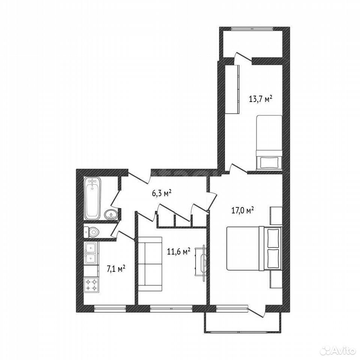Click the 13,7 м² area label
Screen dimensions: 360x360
(261, 99)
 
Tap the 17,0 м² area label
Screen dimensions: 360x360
(242, 210)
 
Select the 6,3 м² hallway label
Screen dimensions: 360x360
(162, 193)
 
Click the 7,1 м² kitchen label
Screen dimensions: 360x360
(116, 268)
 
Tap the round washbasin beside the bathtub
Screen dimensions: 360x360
(111, 214)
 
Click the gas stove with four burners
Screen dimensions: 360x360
(91, 285)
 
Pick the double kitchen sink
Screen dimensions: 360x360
(91, 252)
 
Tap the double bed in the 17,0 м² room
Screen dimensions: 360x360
(254, 249)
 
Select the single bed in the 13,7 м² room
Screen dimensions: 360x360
(269, 142)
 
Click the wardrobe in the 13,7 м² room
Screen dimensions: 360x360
(232, 89)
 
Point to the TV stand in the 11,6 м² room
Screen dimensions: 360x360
(201, 262)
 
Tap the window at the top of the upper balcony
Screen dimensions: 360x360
(252, 29)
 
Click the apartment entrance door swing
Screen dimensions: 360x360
(138, 177)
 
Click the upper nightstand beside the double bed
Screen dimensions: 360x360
(276, 215)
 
